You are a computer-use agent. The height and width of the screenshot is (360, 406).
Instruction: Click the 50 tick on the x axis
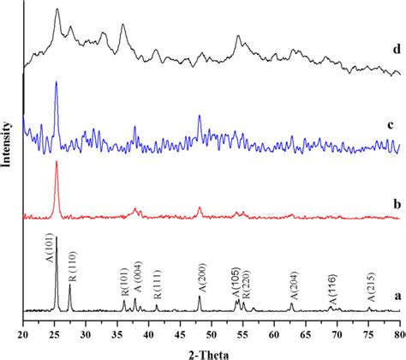(212, 329)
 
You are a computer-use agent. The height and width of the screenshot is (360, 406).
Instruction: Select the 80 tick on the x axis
(398, 329)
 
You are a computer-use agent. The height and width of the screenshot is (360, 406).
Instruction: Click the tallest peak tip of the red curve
(57, 161)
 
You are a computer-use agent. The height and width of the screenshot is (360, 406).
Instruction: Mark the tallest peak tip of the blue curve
(56, 82)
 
